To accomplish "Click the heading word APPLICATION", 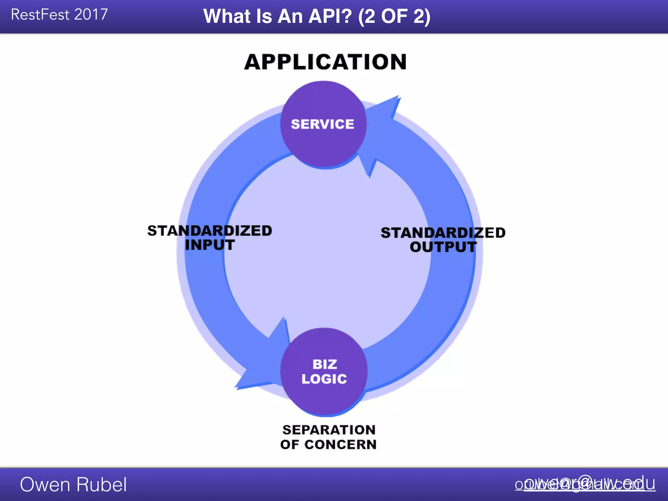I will coord(325,62).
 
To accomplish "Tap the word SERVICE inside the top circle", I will coord(322,124).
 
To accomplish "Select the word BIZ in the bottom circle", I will coord(325,364).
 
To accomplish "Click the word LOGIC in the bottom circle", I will coord(324,379).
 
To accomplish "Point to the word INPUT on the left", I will coord(210,245).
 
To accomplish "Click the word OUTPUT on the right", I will coord(443,247).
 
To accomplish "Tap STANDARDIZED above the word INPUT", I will coord(209,231).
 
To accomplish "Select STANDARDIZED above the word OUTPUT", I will coord(443,233).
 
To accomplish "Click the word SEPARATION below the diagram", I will coord(329,430).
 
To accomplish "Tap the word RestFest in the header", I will coord(40,15).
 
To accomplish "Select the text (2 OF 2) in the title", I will coord(394,16).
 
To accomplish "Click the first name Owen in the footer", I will coord(42,484).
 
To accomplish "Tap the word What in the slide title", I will coord(227,16).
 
